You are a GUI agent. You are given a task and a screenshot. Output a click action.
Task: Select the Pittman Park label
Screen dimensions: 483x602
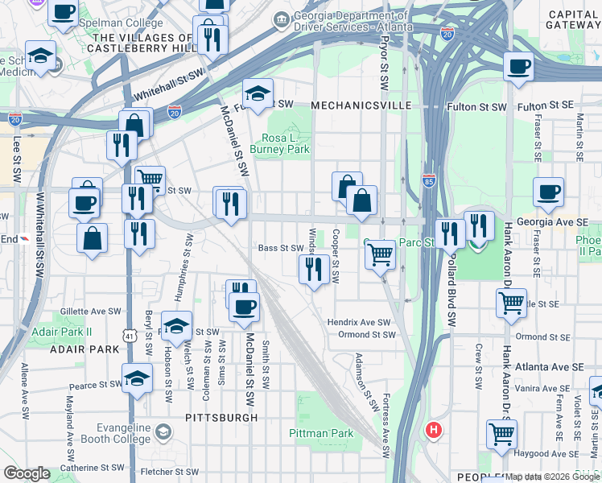(x=330, y=433)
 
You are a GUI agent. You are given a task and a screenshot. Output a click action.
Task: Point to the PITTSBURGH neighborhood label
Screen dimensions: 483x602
(x=221, y=418)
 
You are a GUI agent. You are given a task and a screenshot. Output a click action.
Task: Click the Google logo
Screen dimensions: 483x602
(x=27, y=473)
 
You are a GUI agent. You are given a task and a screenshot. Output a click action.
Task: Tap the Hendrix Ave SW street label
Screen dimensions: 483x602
(x=358, y=321)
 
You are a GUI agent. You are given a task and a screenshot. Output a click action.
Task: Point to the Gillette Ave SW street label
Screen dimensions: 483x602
(x=90, y=312)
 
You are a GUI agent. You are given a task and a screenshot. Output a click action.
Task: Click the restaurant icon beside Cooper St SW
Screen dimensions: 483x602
(x=314, y=268)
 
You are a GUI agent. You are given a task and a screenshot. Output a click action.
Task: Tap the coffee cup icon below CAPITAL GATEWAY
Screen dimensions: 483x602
(x=519, y=66)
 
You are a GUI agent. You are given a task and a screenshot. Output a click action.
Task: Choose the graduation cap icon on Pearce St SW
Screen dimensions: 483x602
(x=138, y=378)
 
